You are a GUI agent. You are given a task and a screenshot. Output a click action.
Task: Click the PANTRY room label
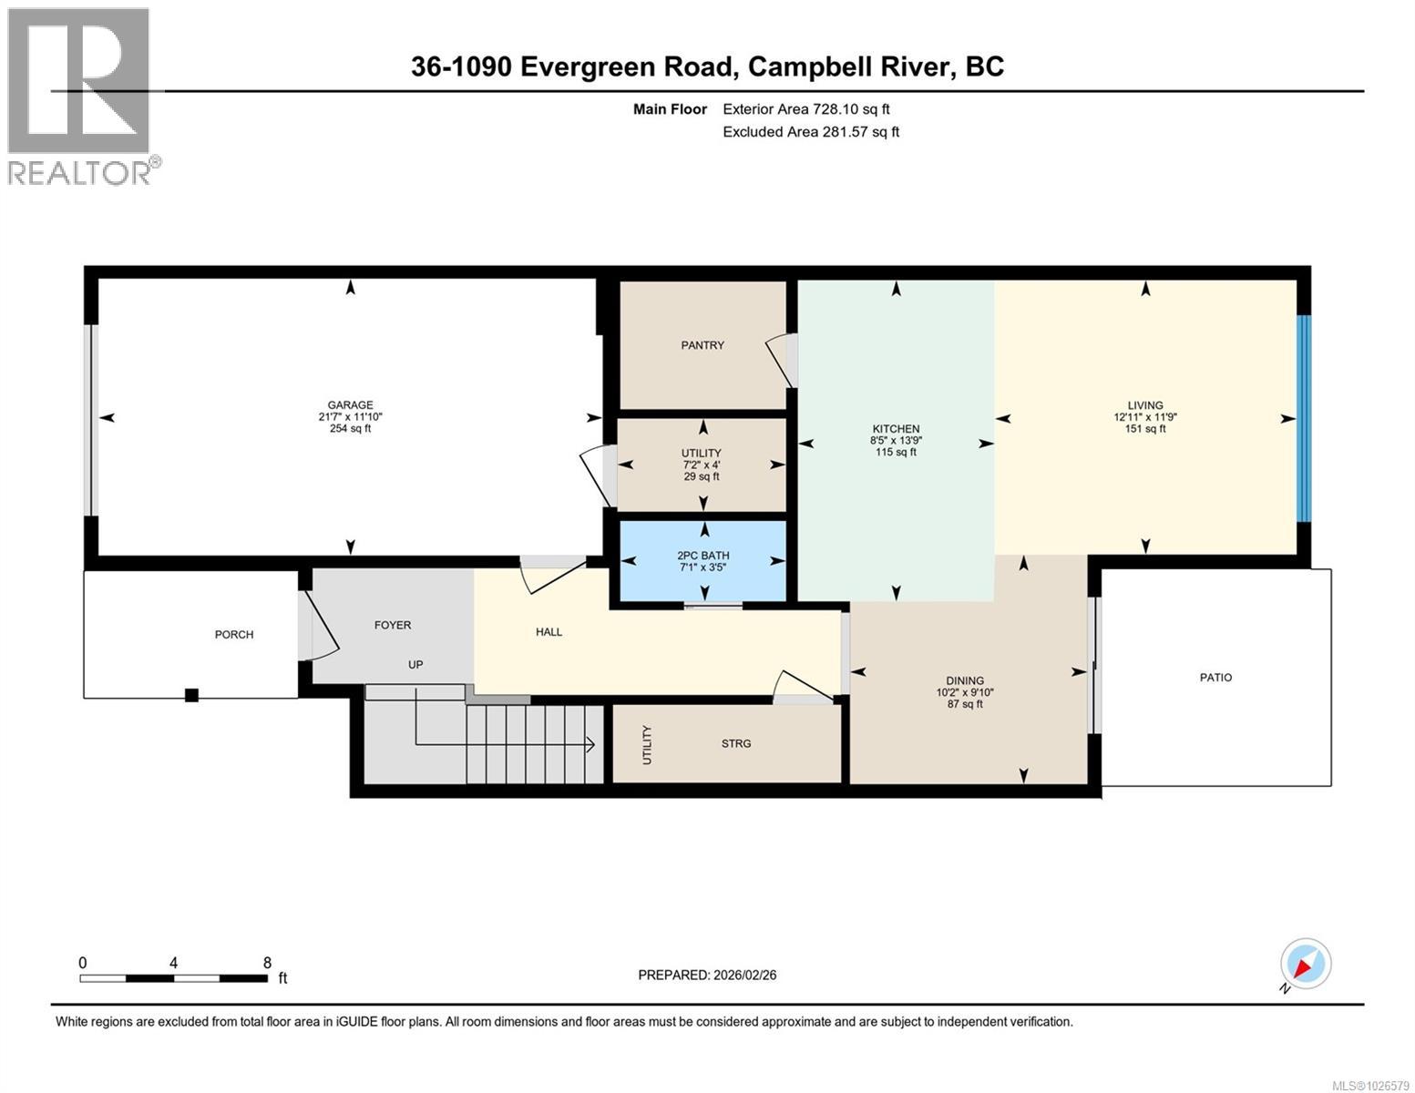(702, 345)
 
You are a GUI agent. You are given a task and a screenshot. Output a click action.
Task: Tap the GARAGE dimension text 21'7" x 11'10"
(351, 417)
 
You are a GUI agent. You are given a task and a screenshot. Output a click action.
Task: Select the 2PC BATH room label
(702, 556)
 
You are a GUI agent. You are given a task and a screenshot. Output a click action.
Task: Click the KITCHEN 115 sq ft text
(896, 453)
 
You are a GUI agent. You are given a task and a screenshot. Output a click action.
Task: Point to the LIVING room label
(1145, 405)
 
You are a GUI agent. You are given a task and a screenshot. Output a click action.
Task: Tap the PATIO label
(1215, 678)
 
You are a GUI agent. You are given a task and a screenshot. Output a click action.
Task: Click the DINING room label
(965, 680)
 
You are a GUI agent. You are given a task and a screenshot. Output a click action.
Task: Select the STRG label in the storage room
(736, 744)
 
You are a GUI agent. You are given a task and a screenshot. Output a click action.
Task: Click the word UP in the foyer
(415, 665)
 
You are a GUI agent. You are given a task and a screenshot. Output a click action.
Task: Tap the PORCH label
(234, 635)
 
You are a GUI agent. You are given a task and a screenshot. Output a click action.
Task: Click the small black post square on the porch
(191, 695)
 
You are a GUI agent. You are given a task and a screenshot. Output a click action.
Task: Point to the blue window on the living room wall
(1304, 418)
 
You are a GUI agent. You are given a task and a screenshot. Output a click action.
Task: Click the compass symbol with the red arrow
(1306, 964)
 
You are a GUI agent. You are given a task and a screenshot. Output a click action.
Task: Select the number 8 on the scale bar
(267, 963)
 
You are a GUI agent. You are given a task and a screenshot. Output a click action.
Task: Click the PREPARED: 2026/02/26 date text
(707, 975)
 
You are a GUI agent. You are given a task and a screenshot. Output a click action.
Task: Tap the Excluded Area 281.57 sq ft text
(811, 132)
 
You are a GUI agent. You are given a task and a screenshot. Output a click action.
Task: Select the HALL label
(549, 632)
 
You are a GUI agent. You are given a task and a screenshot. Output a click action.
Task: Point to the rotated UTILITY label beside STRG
(647, 744)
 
